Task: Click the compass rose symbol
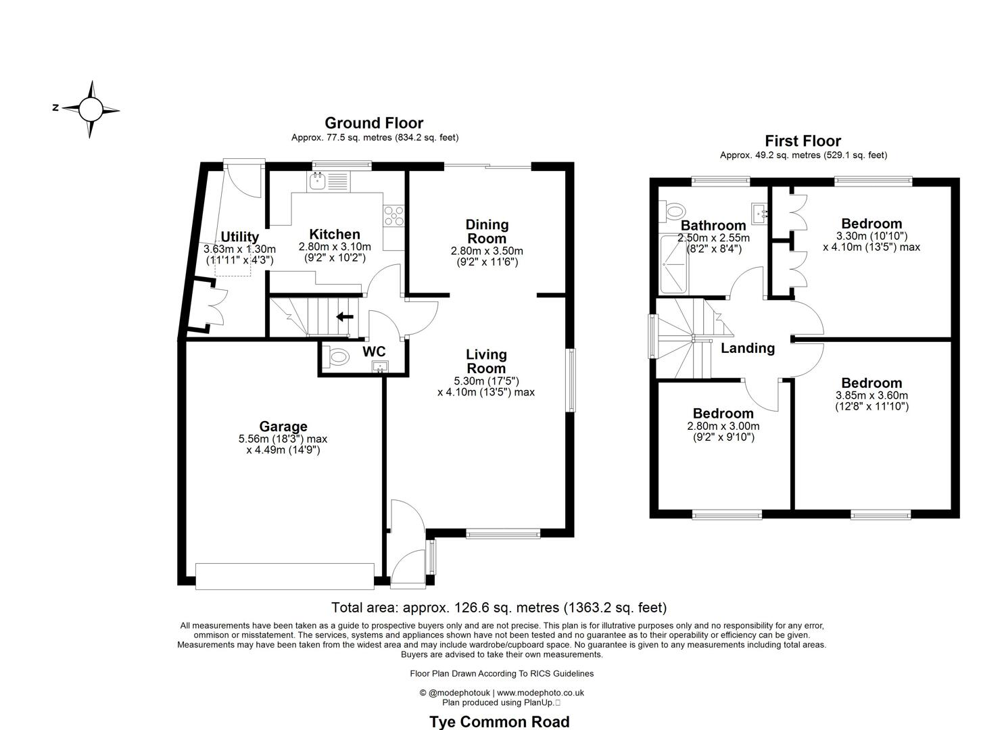click(x=91, y=109)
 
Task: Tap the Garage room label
click(x=283, y=426)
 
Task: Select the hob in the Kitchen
click(x=394, y=216)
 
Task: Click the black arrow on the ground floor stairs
click(x=345, y=317)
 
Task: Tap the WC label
click(x=374, y=351)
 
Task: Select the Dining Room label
click(x=487, y=231)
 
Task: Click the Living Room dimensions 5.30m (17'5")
click(x=486, y=381)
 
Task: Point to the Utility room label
click(x=240, y=237)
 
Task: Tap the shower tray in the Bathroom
click(x=673, y=264)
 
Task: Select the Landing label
click(x=748, y=348)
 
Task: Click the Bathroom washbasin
click(x=760, y=214)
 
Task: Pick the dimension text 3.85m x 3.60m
click(x=871, y=395)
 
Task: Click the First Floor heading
click(x=803, y=141)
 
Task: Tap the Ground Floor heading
click(x=374, y=123)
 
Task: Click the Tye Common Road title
click(x=500, y=721)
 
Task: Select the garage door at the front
click(x=285, y=576)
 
